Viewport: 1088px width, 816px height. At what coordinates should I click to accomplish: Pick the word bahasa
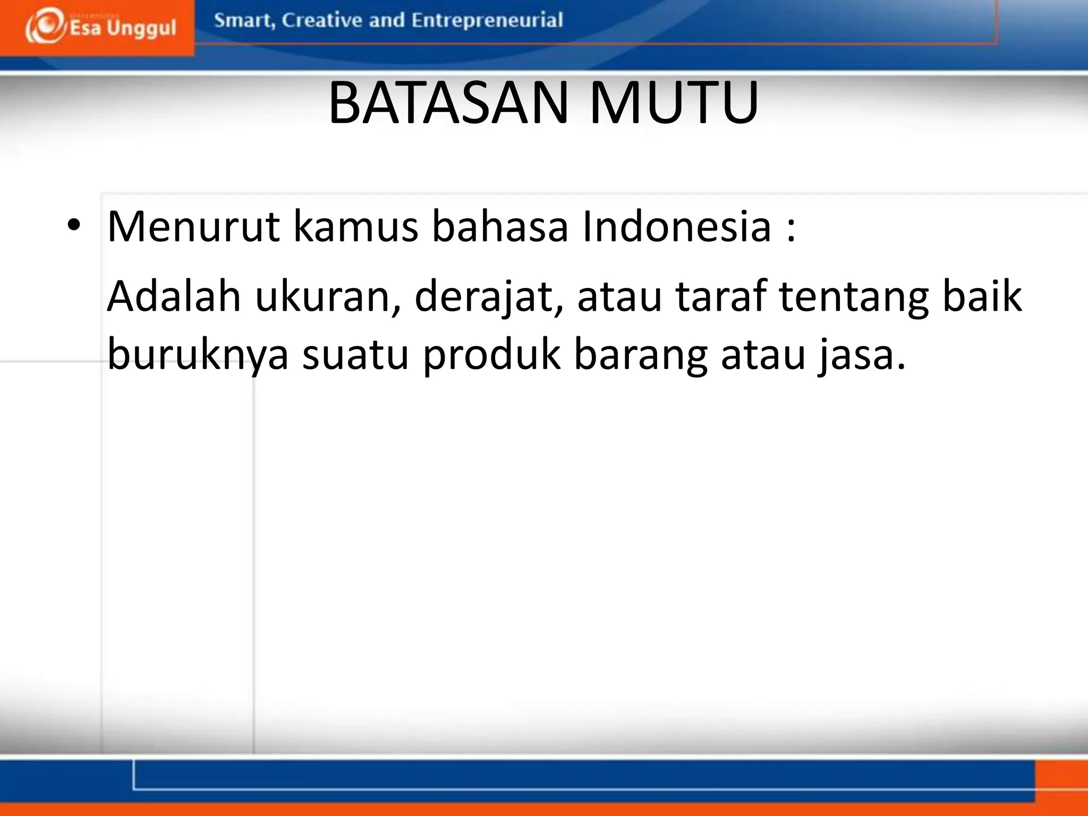click(x=500, y=226)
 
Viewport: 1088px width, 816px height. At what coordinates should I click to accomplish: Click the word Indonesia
click(x=676, y=226)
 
